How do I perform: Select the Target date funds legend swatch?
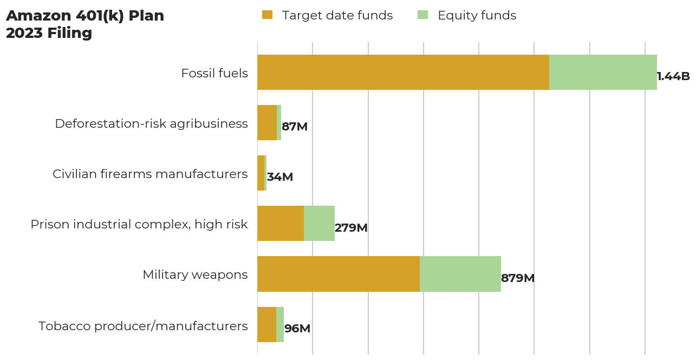pyautogui.click(x=267, y=15)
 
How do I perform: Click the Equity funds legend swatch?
pyautogui.click(x=422, y=15)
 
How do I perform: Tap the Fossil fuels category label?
pyautogui.click(x=214, y=73)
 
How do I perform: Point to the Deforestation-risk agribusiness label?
pyautogui.click(x=151, y=123)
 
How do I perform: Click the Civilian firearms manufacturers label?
pyautogui.click(x=150, y=174)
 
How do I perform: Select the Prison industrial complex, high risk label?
pyautogui.click(x=139, y=224)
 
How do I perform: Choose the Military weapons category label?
pyautogui.click(x=195, y=274)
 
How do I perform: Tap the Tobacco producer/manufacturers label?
pyautogui.click(x=143, y=326)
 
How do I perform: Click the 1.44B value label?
pyautogui.click(x=673, y=76)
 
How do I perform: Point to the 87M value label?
pyautogui.click(x=295, y=127)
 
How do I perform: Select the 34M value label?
pyautogui.click(x=280, y=177)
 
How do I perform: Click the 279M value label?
pyautogui.click(x=351, y=228)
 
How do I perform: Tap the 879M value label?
pyautogui.click(x=518, y=278)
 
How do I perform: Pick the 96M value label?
pyautogui.click(x=297, y=329)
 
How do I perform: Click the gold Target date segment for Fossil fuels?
pyautogui.click(x=403, y=72)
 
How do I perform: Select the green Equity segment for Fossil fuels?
pyautogui.click(x=603, y=72)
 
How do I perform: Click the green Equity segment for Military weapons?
pyautogui.click(x=460, y=274)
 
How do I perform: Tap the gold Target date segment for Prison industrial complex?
pyautogui.click(x=281, y=223)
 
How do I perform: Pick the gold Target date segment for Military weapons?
pyautogui.click(x=339, y=274)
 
